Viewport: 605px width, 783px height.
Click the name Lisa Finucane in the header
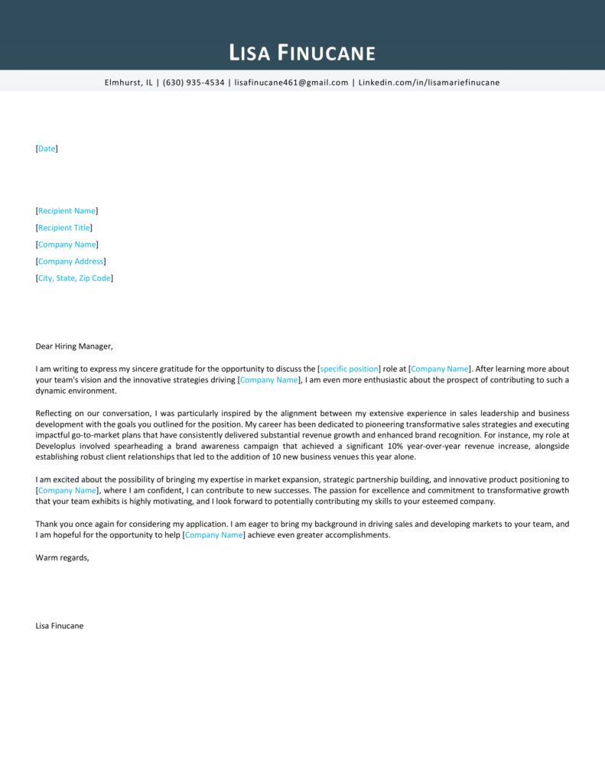point(302,53)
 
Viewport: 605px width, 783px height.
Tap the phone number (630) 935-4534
point(194,83)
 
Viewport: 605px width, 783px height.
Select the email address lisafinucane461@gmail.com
point(291,83)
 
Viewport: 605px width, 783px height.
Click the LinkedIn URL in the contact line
point(429,83)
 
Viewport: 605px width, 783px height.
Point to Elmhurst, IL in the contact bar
point(128,83)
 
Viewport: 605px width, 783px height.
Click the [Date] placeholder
point(47,148)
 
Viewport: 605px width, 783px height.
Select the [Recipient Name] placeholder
point(67,211)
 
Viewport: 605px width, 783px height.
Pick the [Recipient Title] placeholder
point(64,228)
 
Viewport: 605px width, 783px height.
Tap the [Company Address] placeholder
point(70,262)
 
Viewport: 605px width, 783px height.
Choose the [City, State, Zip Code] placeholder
point(74,278)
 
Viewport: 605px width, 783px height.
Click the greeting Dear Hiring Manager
point(73,346)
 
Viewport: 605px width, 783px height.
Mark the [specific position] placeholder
point(350,369)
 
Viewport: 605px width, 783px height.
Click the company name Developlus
point(57,447)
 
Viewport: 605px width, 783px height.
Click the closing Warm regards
point(62,557)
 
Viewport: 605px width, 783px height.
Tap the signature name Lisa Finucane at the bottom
point(60,625)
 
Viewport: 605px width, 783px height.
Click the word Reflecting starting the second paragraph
point(54,413)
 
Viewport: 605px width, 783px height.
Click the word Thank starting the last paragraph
point(47,525)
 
